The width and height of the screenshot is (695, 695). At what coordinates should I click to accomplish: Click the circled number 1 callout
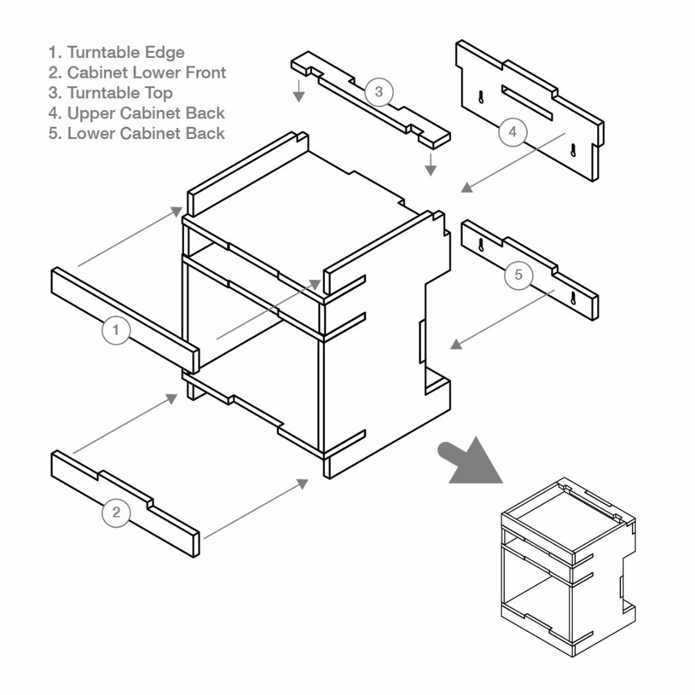116,330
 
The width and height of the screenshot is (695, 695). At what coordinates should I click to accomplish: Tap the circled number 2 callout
116,513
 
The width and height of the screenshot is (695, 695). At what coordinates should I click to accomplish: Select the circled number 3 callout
378,91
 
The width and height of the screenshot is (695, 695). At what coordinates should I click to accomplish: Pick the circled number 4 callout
512,132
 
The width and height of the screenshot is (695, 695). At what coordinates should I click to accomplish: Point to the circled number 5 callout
519,275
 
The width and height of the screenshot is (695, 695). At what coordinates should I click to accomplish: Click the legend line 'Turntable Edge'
116,52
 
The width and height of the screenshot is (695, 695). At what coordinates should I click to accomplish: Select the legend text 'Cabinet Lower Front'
137,73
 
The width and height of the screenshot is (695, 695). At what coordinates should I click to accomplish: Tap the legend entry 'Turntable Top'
111,93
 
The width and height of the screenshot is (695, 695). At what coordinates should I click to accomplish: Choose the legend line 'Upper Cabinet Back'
136,113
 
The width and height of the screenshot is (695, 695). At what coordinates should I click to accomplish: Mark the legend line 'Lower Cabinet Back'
136,134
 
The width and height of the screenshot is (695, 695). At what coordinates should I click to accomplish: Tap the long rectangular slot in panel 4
527,103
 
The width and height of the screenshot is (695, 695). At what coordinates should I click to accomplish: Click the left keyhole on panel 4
481,97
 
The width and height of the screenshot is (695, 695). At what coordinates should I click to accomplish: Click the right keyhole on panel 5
572,298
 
